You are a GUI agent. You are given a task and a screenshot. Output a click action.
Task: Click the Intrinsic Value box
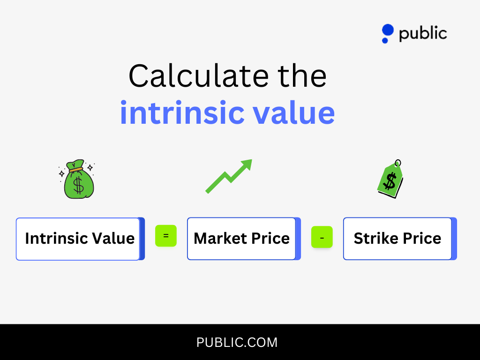(79, 239)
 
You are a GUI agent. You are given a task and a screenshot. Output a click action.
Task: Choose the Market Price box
(241, 239)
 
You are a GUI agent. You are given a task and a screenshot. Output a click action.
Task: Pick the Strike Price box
(397, 239)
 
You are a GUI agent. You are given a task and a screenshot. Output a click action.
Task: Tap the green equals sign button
(166, 236)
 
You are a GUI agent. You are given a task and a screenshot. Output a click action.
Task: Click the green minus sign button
(322, 237)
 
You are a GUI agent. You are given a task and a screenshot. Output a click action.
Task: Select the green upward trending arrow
(228, 176)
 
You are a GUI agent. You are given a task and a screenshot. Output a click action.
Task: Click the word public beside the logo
(423, 34)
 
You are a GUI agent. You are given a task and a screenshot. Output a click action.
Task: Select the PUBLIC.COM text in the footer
(237, 343)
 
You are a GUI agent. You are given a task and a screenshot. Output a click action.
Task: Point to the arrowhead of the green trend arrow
(247, 165)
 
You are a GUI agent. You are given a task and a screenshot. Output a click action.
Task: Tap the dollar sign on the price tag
(390, 181)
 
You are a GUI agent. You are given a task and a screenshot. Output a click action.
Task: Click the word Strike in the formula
(373, 239)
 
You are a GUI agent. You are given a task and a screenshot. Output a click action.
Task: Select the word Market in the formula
(220, 239)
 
